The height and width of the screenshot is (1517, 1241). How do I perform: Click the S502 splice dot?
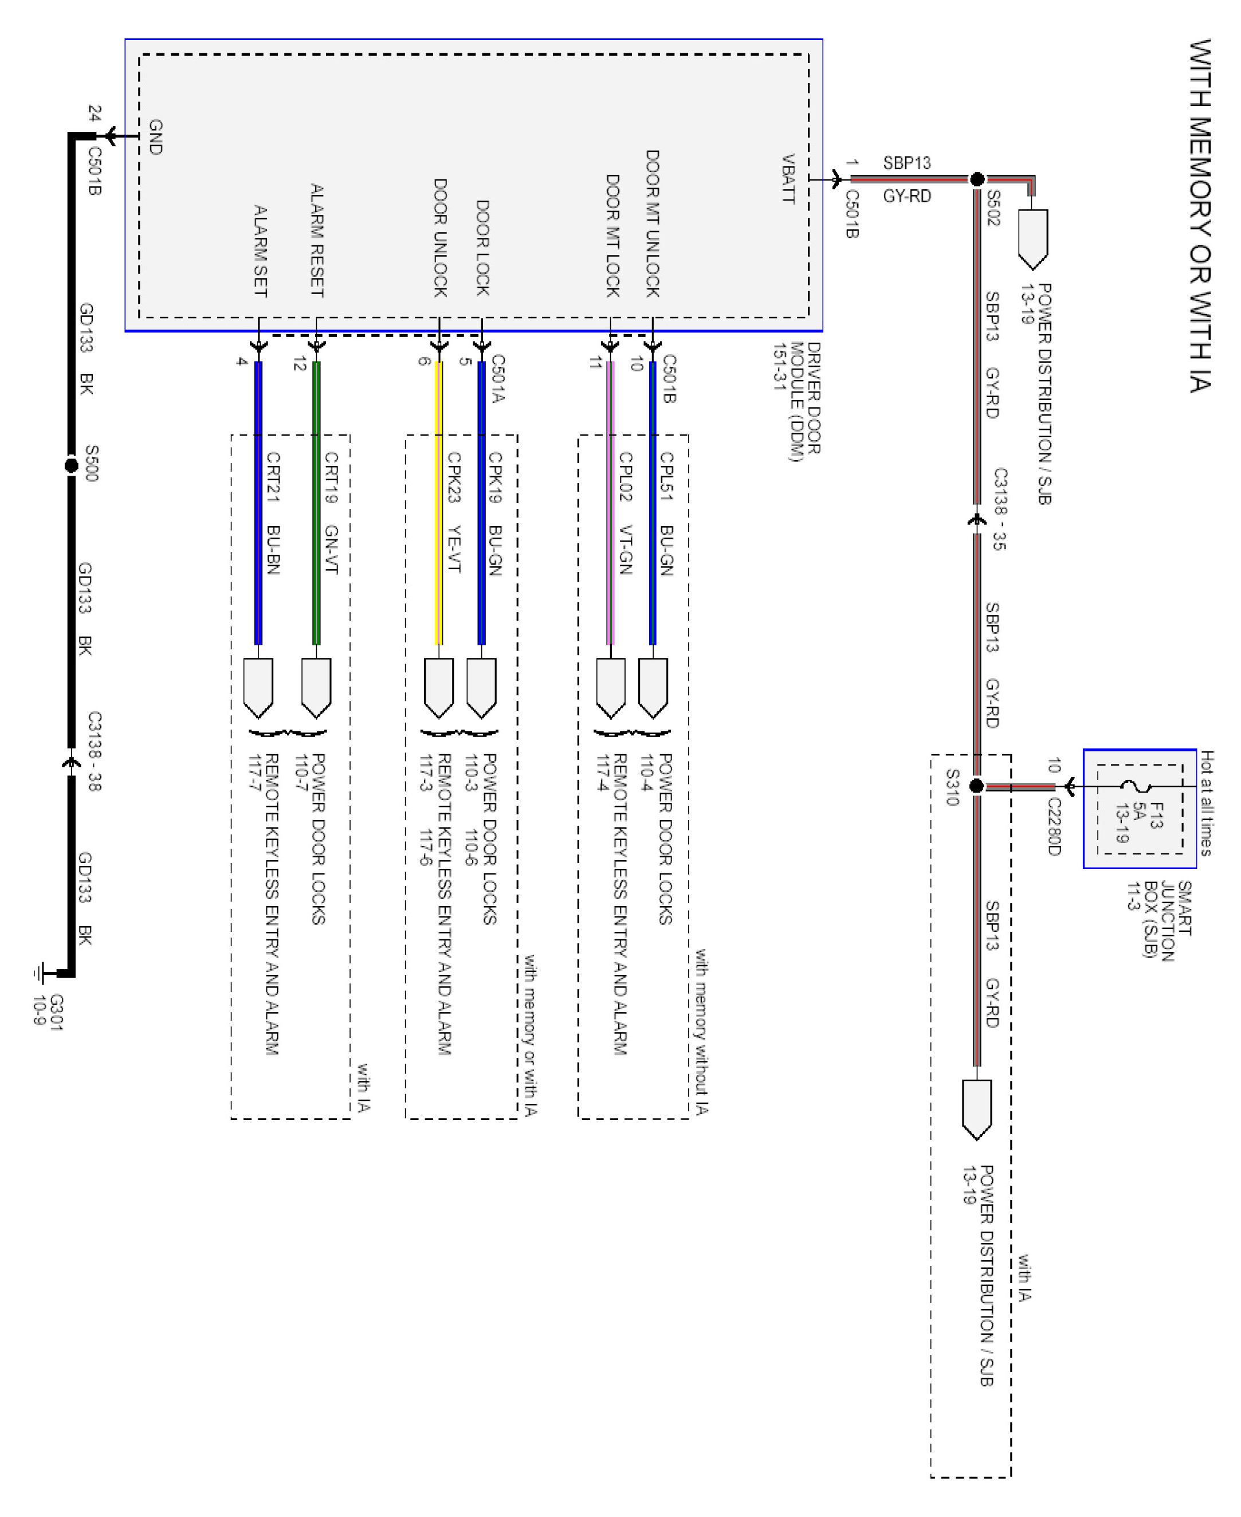976,179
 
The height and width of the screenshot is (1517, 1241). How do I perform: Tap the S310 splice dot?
976,786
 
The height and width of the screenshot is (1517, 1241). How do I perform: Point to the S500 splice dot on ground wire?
71,465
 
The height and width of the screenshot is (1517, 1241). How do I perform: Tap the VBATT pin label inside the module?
788,179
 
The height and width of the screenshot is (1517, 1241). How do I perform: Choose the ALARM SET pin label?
261,251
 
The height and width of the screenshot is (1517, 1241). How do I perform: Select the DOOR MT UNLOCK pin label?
652,223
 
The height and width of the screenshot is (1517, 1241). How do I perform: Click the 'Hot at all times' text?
1206,803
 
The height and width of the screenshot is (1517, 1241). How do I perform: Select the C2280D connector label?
1054,826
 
